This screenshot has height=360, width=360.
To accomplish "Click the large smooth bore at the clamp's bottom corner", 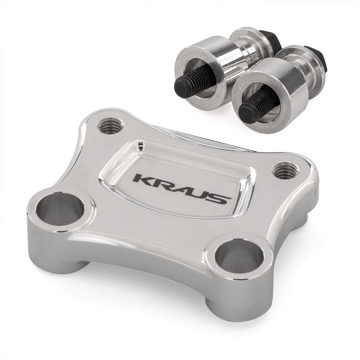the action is tap(240, 256).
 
